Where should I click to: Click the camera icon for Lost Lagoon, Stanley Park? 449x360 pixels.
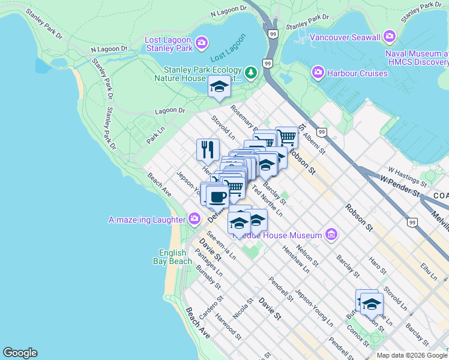(x=202, y=42)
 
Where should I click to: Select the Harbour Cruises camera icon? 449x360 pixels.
(x=318, y=73)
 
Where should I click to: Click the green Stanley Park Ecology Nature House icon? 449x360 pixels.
(x=251, y=73)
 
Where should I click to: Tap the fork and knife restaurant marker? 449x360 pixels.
(x=208, y=149)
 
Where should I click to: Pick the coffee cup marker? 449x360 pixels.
(x=217, y=196)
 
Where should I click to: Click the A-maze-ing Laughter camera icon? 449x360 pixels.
(x=194, y=220)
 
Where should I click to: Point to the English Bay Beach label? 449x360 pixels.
(x=176, y=257)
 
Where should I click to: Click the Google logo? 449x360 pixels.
(x=20, y=353)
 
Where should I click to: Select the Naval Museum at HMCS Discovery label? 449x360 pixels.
(x=417, y=58)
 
